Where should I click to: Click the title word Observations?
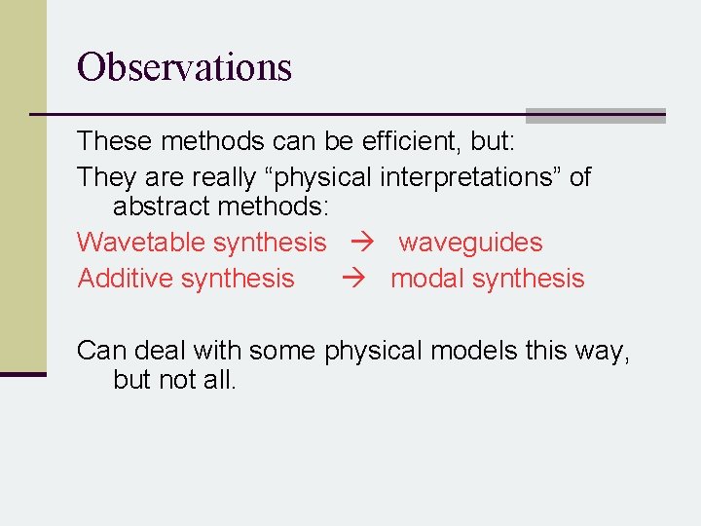(x=184, y=67)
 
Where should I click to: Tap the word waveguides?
(x=470, y=242)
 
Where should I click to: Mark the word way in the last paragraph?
(x=602, y=350)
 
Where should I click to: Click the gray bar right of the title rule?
(x=596, y=115)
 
